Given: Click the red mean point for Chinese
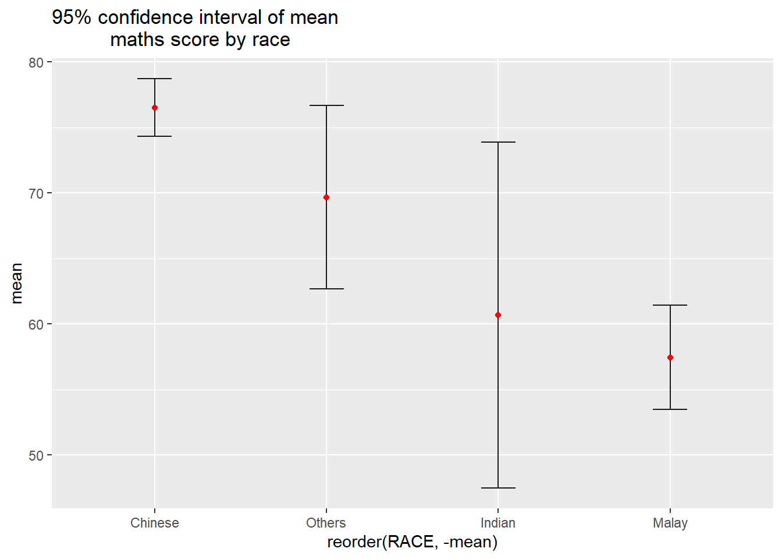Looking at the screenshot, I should tap(155, 108).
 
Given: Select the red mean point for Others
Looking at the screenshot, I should tap(326, 197).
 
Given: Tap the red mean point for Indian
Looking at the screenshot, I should tap(498, 315).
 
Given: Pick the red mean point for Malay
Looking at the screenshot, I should tap(670, 358).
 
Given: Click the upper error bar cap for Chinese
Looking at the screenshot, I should tap(155, 79).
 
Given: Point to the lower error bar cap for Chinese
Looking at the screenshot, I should tap(155, 136).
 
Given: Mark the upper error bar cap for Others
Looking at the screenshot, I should tap(326, 105).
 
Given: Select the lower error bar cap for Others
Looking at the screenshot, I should tap(326, 289).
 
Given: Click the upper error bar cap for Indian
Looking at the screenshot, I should tap(498, 142).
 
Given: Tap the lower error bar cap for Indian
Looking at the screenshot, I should tap(498, 488).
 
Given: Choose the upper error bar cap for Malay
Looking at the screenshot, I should tap(670, 305).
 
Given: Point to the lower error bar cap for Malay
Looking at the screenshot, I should tap(670, 409).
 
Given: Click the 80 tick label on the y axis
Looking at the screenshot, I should tap(36, 62).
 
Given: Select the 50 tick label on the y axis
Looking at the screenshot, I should tap(36, 455).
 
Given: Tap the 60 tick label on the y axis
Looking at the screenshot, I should tap(36, 324).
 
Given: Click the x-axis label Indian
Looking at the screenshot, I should tap(498, 523).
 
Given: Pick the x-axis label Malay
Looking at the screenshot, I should tap(670, 523).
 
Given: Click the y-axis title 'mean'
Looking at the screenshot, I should tap(16, 284).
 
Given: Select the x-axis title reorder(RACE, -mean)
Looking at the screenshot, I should tap(413, 542).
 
